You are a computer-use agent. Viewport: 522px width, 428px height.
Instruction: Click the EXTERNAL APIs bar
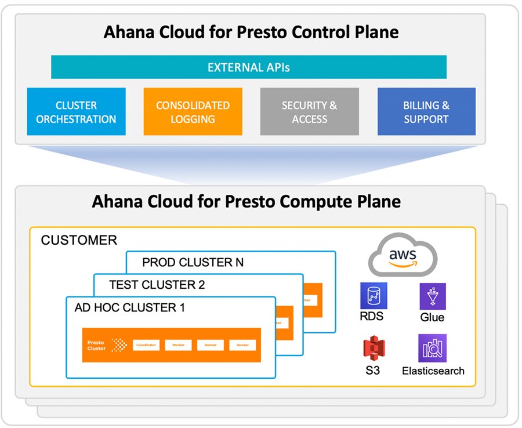click(x=248, y=67)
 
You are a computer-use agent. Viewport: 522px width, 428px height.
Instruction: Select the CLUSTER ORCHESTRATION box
click(x=76, y=112)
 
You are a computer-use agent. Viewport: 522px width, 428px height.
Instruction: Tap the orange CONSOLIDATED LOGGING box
click(x=193, y=112)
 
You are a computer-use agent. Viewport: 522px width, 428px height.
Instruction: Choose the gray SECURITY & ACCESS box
click(x=309, y=112)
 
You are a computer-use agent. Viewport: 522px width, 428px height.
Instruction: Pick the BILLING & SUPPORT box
click(x=426, y=112)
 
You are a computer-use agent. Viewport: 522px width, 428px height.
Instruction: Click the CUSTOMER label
click(x=79, y=240)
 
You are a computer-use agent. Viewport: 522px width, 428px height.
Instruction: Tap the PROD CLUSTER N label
click(x=193, y=262)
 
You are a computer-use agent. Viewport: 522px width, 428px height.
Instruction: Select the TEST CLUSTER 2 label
click(x=157, y=285)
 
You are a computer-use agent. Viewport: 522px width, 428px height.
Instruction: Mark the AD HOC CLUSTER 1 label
click(x=129, y=307)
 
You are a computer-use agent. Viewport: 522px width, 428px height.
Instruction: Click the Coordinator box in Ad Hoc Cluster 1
click(x=147, y=345)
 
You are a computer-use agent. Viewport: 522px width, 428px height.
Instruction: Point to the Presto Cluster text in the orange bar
click(x=96, y=345)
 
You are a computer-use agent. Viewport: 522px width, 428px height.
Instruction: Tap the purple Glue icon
click(x=432, y=296)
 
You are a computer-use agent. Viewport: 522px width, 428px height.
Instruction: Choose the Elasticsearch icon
click(x=432, y=349)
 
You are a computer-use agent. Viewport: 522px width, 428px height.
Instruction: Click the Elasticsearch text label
click(x=433, y=371)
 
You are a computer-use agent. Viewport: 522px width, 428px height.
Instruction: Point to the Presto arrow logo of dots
click(x=119, y=345)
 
